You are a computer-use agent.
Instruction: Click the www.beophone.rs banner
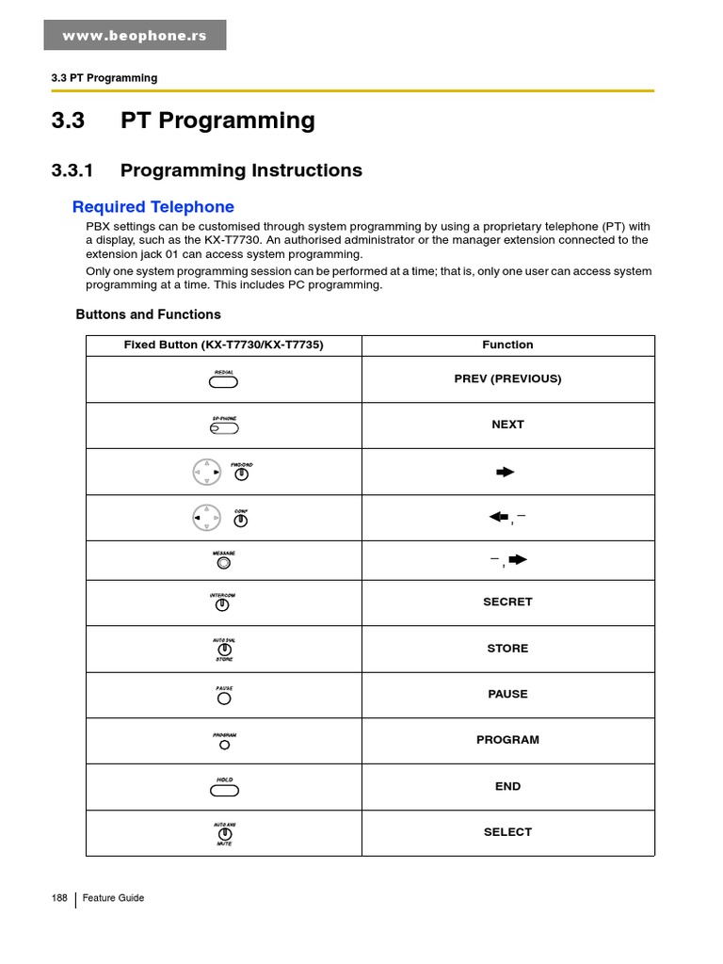(x=135, y=36)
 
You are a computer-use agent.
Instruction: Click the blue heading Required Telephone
(x=153, y=207)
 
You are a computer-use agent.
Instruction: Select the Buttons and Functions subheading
(x=148, y=314)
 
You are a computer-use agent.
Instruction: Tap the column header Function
(x=507, y=345)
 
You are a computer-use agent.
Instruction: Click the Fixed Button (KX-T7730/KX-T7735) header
(x=223, y=345)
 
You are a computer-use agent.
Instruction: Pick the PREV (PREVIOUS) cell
(x=507, y=379)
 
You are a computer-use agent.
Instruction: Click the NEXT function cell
(x=507, y=425)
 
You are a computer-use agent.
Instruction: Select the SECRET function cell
(x=507, y=602)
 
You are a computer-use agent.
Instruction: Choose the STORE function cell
(x=507, y=649)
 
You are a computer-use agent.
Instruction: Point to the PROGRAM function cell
(x=507, y=740)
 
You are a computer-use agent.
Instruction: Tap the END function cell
(x=507, y=786)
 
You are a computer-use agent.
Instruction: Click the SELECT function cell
(x=507, y=832)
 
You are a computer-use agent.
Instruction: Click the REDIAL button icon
(x=224, y=381)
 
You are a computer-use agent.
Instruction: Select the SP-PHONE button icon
(x=224, y=427)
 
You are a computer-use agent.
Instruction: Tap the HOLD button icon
(x=224, y=790)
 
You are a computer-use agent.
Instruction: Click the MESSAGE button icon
(x=224, y=563)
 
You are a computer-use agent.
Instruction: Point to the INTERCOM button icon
(x=223, y=605)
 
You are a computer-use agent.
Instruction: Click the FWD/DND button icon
(x=242, y=474)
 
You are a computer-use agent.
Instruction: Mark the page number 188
(x=59, y=898)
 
